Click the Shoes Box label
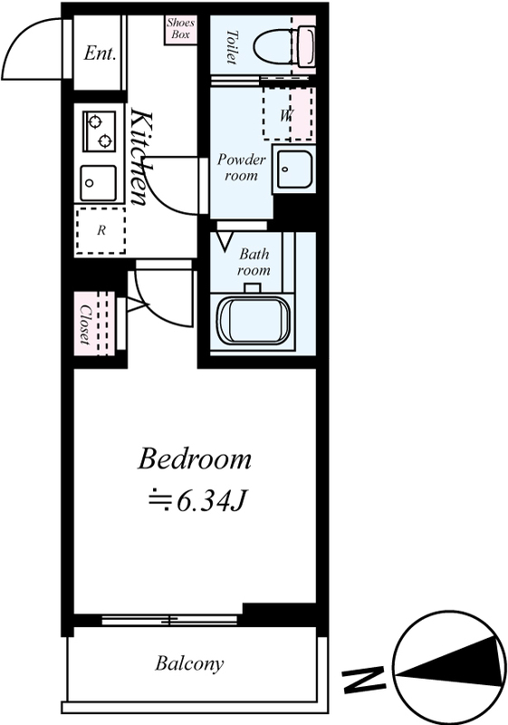click(x=181, y=29)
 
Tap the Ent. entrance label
click(x=100, y=53)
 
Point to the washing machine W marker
click(x=286, y=115)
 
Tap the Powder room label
click(x=242, y=168)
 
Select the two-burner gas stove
click(x=100, y=130)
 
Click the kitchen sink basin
click(x=98, y=183)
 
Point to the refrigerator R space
click(x=101, y=230)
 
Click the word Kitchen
click(x=140, y=156)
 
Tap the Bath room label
click(x=254, y=262)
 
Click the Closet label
click(x=85, y=324)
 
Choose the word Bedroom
click(x=195, y=459)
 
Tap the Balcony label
click(x=189, y=663)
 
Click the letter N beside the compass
click(x=364, y=679)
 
